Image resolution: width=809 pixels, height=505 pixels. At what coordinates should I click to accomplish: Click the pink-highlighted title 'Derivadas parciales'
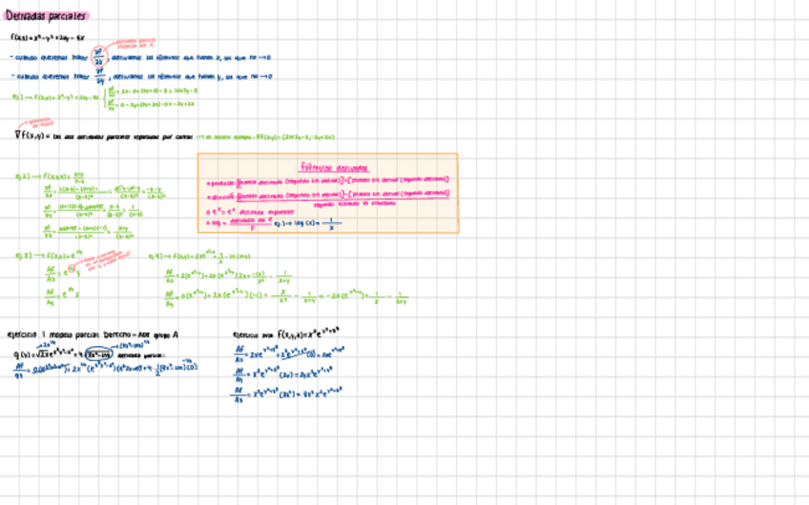coord(46,15)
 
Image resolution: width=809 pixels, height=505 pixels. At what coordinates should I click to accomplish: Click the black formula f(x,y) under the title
coord(48,38)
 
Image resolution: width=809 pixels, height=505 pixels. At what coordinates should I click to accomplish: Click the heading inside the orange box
coord(327,167)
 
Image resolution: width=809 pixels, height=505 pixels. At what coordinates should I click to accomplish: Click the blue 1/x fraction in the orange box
coord(331,225)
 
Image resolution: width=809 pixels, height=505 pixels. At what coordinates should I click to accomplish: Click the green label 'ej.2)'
coord(22,175)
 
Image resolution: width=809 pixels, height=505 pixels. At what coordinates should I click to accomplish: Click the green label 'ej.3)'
coord(22,256)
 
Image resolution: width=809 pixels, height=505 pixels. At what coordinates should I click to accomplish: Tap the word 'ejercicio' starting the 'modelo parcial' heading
coord(21,334)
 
